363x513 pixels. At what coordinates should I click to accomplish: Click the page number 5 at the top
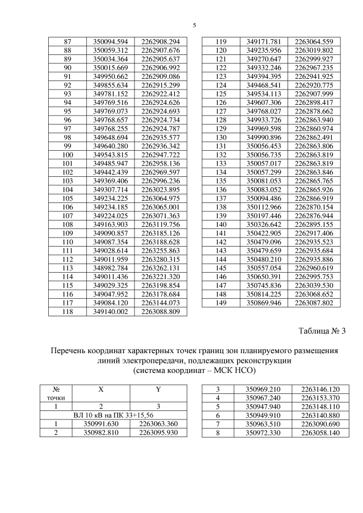pyautogui.click(x=194, y=26)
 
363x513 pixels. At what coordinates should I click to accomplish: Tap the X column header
pyautogui.click(x=101, y=389)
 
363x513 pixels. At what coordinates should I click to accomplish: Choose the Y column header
pyautogui.click(x=158, y=389)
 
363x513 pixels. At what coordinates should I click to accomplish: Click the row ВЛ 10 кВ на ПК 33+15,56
pyautogui.click(x=113, y=415)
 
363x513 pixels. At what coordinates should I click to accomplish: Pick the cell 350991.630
pyautogui.click(x=101, y=423)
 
